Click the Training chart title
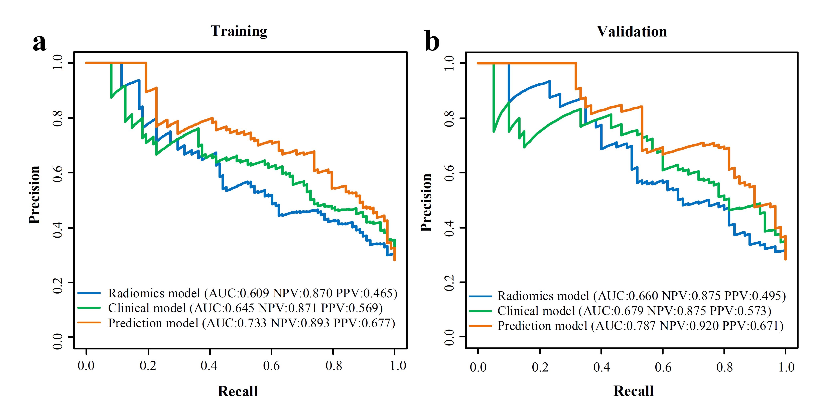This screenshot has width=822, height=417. coord(239,31)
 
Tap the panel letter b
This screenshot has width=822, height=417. coord(432,41)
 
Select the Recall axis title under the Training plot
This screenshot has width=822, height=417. coord(238,391)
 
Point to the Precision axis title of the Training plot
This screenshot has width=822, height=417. coord(34,195)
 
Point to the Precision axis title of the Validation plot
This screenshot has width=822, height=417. coord(426,202)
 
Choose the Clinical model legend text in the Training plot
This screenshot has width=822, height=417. coord(245,308)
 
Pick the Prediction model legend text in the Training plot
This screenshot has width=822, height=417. coord(251,323)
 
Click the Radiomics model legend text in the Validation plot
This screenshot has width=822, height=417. coord(641,296)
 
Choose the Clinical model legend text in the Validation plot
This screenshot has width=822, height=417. coord(634,311)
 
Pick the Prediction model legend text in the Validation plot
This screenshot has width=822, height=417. coord(640,326)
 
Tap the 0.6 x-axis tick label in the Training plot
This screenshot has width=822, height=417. coord(271,366)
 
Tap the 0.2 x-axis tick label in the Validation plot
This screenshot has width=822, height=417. coord(540,367)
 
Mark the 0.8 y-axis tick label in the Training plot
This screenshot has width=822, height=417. coord(58,118)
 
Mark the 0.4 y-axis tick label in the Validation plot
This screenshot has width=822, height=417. coord(449,228)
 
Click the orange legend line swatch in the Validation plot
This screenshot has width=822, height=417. coord(480,326)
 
